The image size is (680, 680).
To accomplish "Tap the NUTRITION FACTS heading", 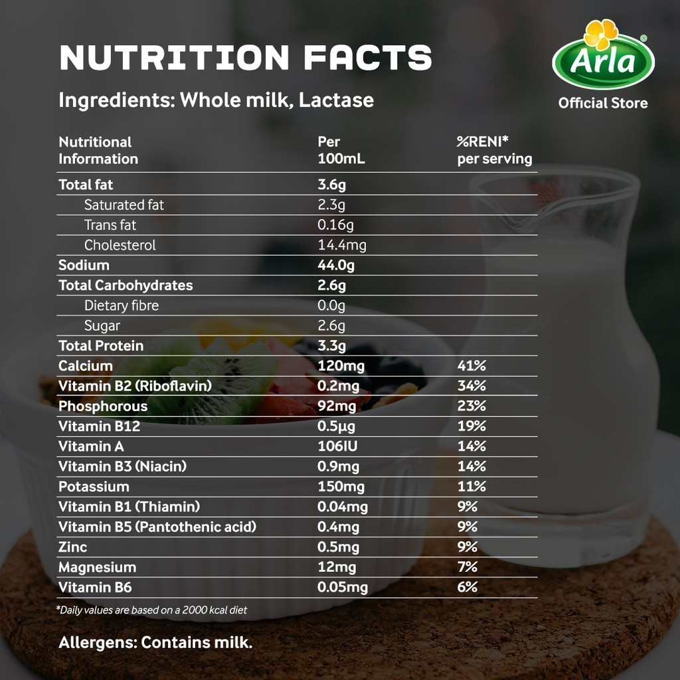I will click(x=245, y=58).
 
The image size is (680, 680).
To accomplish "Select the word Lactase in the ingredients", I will click(x=336, y=100).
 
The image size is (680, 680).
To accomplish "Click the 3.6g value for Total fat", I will click(x=332, y=185).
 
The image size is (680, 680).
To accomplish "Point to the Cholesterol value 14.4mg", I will click(x=342, y=245).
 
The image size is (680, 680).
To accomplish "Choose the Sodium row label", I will click(x=84, y=265).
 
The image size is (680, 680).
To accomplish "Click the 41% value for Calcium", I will click(x=471, y=366).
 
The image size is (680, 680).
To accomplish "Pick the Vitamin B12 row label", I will click(x=99, y=426).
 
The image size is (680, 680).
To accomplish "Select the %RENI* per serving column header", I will click(x=494, y=150).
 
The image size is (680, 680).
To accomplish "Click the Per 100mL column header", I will click(x=341, y=150).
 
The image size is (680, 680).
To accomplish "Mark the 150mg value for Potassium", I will click(x=341, y=487).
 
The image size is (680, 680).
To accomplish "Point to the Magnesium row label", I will click(x=97, y=567).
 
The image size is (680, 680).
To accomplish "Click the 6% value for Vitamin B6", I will click(x=467, y=587).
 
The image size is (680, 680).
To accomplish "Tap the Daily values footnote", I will click(x=152, y=610).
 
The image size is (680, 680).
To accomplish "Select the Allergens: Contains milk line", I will click(x=155, y=643).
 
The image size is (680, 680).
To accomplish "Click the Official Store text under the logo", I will click(x=603, y=103).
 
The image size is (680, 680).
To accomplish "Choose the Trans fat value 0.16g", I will click(x=335, y=225).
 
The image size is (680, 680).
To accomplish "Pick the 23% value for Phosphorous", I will click(x=471, y=406).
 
